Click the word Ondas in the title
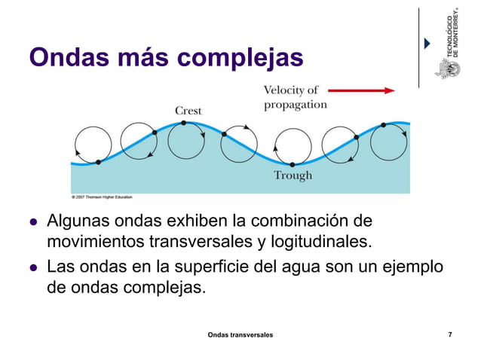[63, 57]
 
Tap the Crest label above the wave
[188, 111]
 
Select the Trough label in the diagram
[293, 175]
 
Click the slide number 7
[450, 333]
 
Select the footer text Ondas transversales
[240, 333]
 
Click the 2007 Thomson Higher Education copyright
[102, 197]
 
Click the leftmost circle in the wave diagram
[90, 145]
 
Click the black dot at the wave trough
[292, 163]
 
